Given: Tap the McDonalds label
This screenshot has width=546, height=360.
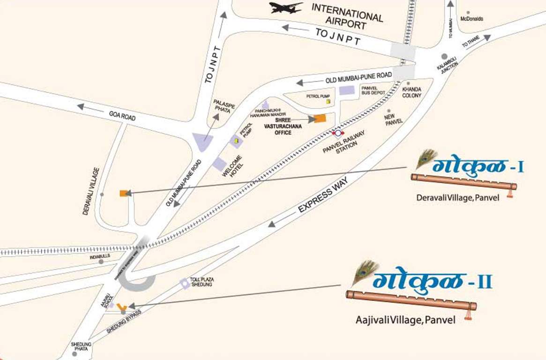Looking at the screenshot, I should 471,19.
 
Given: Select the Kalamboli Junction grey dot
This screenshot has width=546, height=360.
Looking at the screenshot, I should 444,57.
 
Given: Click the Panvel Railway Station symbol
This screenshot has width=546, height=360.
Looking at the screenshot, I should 337,134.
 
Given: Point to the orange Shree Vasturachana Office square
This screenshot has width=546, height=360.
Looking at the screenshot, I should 320,119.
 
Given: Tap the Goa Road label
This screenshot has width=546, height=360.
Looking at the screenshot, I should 122,115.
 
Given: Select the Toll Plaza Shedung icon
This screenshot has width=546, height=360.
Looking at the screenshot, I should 185,283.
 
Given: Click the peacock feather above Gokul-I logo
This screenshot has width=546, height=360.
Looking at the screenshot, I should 426,158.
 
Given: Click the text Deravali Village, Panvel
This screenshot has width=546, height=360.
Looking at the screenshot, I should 458,198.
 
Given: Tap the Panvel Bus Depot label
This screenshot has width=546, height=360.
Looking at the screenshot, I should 373,90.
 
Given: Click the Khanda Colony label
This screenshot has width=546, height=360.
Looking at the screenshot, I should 411,92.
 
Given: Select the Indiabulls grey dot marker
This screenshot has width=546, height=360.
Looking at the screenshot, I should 101,262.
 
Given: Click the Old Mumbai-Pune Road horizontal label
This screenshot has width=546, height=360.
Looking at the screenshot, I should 358,77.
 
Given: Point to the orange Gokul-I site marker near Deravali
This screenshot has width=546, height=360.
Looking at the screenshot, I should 124,193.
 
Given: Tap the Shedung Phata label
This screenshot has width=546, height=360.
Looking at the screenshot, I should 81,347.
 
